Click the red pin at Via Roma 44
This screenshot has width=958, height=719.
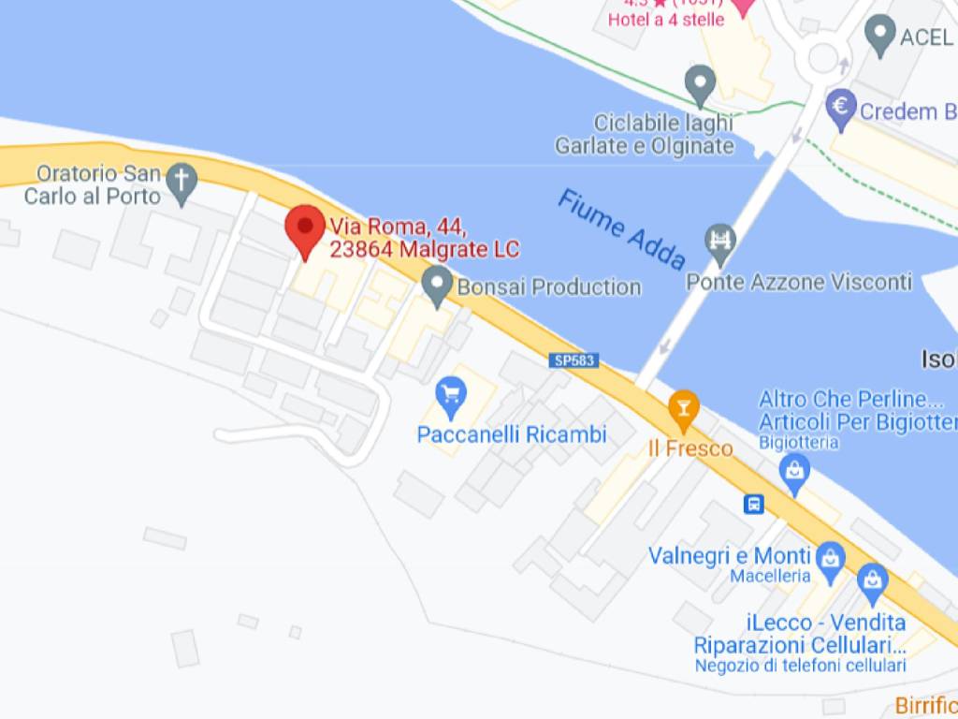pyautogui.click(x=304, y=227)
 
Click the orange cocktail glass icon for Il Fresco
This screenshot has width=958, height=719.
pyautogui.click(x=684, y=407)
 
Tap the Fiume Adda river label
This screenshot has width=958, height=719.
pyautogui.click(x=621, y=228)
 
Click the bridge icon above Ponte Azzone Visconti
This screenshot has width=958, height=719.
pyautogui.click(x=721, y=243)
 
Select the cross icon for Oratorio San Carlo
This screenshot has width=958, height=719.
pyautogui.click(x=181, y=180)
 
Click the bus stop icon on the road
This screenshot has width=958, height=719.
pyautogui.click(x=753, y=505)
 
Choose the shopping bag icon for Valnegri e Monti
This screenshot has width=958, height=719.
pyautogui.click(x=829, y=559)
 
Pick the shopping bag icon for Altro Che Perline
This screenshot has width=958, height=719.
pyautogui.click(x=794, y=471)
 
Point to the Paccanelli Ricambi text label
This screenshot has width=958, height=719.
pyautogui.click(x=512, y=435)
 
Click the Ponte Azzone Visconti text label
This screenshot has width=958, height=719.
pyautogui.click(x=799, y=282)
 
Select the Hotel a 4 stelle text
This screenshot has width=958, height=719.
pyautogui.click(x=666, y=20)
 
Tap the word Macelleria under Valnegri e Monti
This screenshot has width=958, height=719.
pyautogui.click(x=770, y=577)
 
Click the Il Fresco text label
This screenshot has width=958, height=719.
pyautogui.click(x=690, y=448)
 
